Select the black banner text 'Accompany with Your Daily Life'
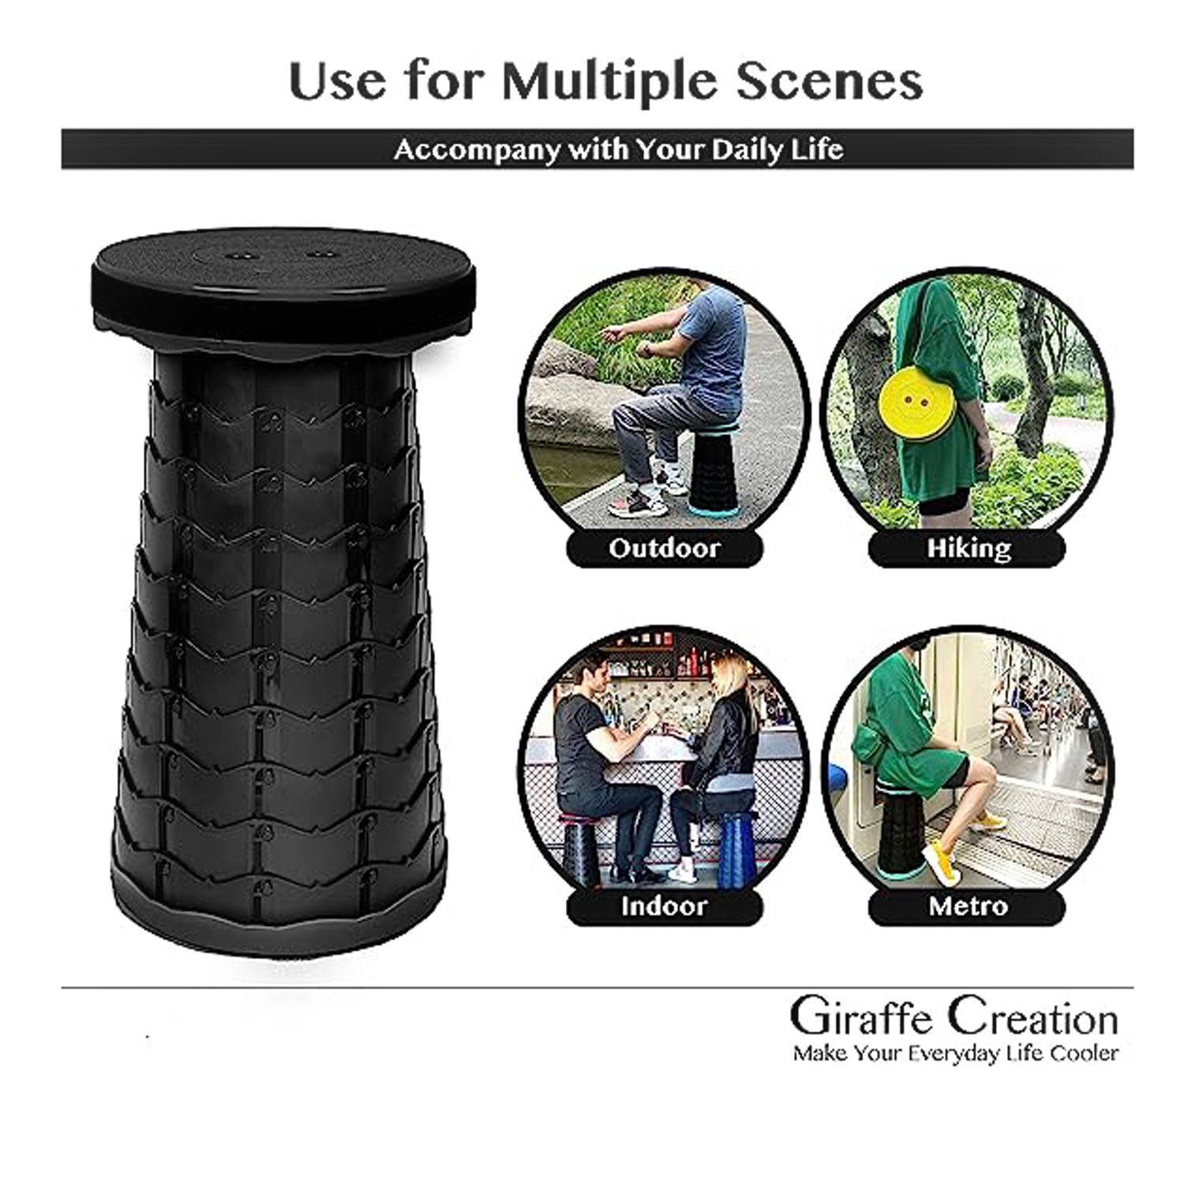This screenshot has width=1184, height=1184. pos(619,149)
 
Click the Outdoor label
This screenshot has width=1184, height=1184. pos(665,548)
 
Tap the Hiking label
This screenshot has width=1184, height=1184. pos(969,548)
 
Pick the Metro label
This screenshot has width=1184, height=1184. pos(968,905)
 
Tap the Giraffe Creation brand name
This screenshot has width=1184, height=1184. pos(954,1018)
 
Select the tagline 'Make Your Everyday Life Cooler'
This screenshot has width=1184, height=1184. pos(956,1053)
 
